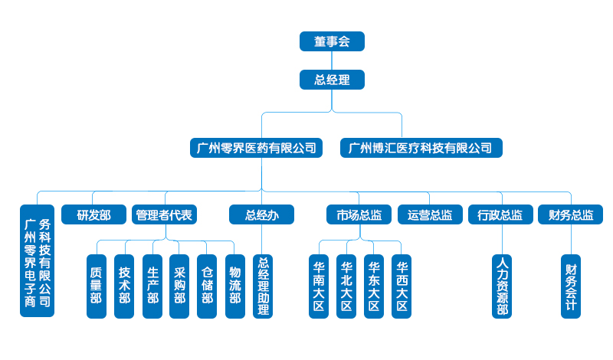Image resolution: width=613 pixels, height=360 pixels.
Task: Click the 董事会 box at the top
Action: coord(332,41)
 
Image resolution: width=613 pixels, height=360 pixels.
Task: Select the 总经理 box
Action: coord(332,80)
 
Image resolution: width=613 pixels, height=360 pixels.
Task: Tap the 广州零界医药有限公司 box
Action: coord(256,148)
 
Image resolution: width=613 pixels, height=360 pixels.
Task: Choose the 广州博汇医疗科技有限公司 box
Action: coord(421,148)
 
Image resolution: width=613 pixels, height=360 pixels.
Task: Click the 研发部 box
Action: coord(93,215)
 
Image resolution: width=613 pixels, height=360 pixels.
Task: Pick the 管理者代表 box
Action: coord(164,215)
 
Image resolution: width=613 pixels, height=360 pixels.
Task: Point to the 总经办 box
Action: coord(261,215)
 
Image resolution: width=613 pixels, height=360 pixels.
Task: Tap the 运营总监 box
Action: coord(430,215)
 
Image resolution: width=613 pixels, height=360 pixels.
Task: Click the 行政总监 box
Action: coord(500,215)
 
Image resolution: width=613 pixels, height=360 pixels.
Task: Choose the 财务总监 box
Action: coord(571,215)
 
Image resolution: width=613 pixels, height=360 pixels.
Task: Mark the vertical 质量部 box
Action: coord(97,286)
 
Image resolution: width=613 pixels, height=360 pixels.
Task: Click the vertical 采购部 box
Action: coord(179,286)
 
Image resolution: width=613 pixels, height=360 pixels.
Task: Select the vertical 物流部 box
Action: coord(234,286)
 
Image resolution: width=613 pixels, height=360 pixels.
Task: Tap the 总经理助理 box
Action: coord(263,286)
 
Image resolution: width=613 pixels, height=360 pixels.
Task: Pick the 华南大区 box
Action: coord(319,286)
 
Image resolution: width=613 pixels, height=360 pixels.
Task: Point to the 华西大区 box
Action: coord(401,286)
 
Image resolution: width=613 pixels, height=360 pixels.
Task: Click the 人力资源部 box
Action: coord(502,286)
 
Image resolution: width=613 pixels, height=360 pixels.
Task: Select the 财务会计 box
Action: coord(571,286)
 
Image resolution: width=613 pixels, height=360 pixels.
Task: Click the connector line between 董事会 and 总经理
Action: coord(332,61)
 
